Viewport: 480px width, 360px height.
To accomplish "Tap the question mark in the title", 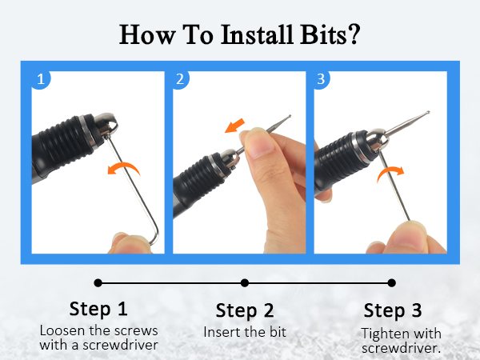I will click(354, 34).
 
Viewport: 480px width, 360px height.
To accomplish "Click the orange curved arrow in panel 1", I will click(123, 168).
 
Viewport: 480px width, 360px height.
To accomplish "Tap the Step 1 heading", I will click(97, 309).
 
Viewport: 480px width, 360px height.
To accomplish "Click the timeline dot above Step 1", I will click(98, 282).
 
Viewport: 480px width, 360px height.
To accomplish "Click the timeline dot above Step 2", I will click(245, 282).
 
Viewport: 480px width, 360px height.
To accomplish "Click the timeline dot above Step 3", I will click(392, 282).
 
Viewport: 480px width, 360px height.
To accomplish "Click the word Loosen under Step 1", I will click(62, 330).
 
